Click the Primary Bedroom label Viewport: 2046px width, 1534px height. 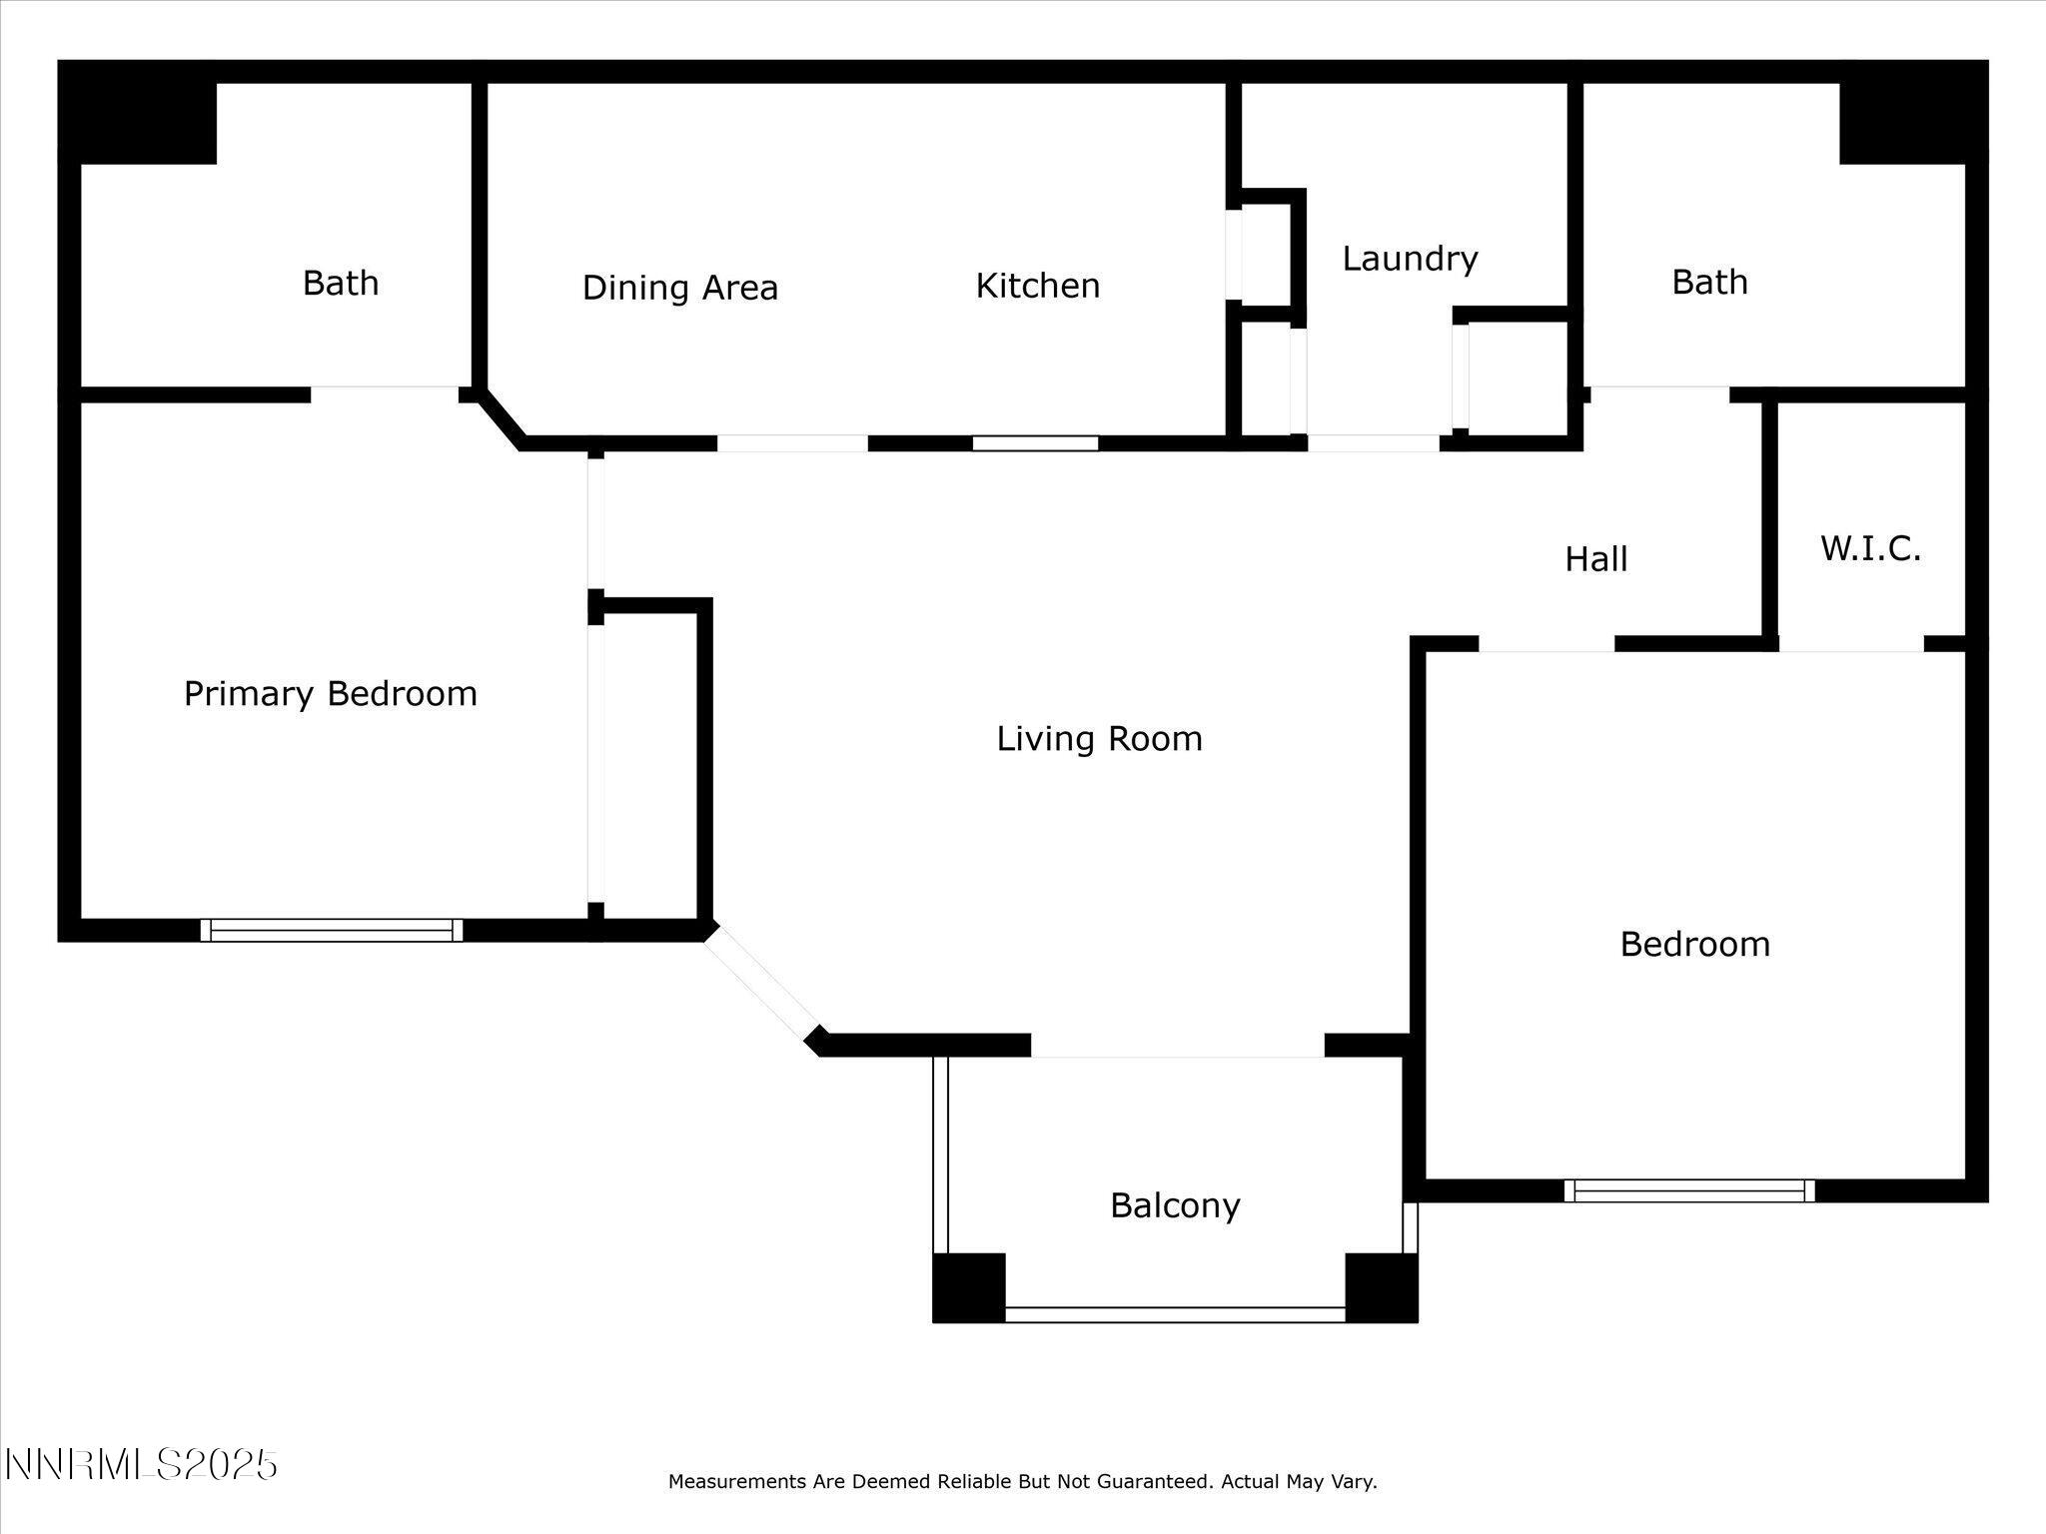[330, 694]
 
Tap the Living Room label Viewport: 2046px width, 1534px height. [1099, 739]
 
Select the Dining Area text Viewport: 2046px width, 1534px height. [679, 288]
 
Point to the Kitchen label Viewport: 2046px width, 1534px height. [1037, 286]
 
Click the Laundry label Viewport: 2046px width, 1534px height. [1409, 259]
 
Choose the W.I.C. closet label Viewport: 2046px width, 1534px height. [1870, 548]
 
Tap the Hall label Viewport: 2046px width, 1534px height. [1595, 559]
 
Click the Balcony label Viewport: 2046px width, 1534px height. [1175, 1205]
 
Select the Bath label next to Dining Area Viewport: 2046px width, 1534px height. [341, 283]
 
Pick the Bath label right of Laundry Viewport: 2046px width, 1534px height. [1709, 282]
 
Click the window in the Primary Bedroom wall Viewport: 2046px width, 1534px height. [332, 931]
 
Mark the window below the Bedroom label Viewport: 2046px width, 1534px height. [1688, 1190]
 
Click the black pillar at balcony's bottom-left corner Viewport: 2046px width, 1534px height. [968, 1287]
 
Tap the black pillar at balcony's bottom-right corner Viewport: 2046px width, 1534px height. [1381, 1287]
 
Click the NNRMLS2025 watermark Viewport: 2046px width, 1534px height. [141, 1465]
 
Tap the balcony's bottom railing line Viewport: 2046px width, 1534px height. [1175, 1314]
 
